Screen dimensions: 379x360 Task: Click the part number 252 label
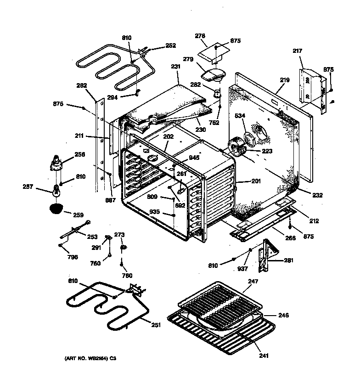[x=170, y=45]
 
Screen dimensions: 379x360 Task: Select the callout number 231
[x=175, y=67]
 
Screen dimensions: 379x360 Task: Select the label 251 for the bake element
[x=157, y=326]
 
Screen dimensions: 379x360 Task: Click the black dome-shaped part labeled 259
[x=56, y=209]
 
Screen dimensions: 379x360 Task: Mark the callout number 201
[x=256, y=181]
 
